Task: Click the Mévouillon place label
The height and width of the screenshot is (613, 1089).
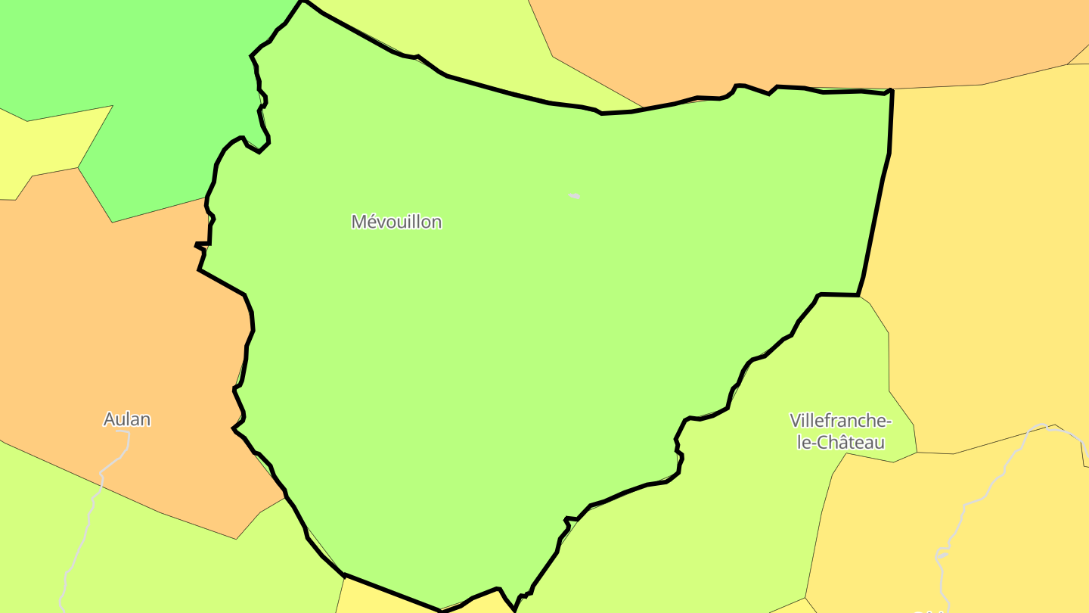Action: [396, 222]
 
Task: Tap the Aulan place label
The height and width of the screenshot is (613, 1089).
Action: [127, 419]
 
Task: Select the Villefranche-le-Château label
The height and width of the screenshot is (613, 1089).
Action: [840, 431]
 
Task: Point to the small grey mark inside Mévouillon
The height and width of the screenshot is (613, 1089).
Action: [575, 196]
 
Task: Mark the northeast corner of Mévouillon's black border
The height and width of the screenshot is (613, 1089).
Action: [892, 91]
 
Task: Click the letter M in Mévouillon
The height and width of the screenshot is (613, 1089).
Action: [358, 222]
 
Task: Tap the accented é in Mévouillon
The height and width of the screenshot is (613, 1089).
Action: [371, 222]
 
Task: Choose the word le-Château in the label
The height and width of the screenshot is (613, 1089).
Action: [841, 443]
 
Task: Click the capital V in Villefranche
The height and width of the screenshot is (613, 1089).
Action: [795, 420]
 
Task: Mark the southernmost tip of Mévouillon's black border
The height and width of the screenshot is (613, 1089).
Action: [515, 610]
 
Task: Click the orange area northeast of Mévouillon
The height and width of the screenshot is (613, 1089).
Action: [794, 38]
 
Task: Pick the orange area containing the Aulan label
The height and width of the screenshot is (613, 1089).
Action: [113, 341]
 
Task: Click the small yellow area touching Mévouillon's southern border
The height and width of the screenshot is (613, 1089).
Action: [378, 598]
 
